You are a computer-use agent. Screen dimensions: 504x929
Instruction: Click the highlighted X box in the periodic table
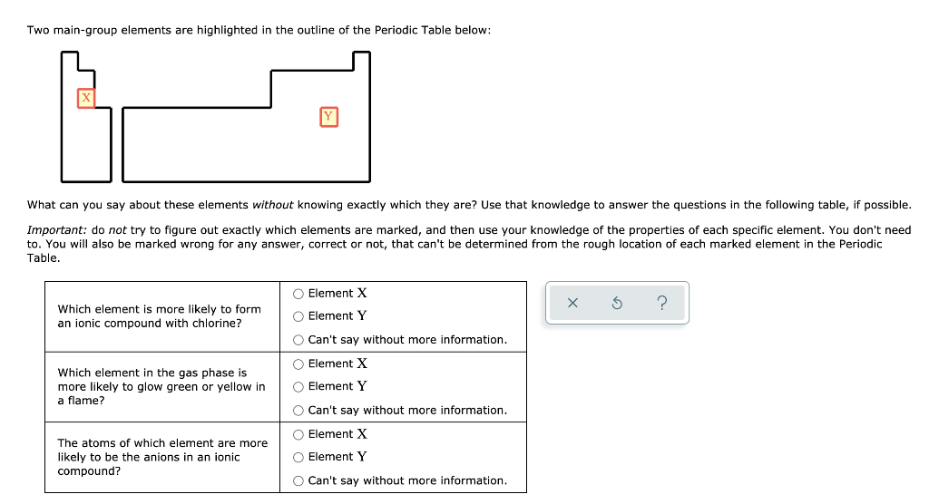click(x=86, y=98)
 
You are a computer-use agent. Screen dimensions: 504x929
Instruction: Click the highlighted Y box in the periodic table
click(x=328, y=116)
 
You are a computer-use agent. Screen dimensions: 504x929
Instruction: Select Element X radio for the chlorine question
click(x=298, y=294)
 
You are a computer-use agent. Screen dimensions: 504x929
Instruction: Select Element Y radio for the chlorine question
click(x=298, y=316)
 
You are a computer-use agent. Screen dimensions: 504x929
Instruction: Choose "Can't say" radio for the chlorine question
click(x=298, y=340)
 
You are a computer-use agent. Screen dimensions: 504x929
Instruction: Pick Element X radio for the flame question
click(x=298, y=363)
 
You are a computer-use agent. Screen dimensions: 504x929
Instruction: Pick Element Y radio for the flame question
click(x=298, y=386)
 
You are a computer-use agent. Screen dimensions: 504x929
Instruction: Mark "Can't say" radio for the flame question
click(x=298, y=411)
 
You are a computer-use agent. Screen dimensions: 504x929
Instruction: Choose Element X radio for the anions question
click(x=298, y=434)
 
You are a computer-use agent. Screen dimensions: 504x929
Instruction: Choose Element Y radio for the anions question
click(x=298, y=457)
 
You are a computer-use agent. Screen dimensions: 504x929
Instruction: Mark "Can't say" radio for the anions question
click(x=298, y=481)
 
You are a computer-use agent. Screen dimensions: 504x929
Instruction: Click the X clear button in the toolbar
click(x=572, y=304)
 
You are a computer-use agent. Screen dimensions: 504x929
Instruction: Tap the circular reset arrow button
click(x=617, y=304)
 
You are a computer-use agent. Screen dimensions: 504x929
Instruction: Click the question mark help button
click(x=661, y=304)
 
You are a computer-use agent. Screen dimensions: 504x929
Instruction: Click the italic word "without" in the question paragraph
click(x=272, y=206)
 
